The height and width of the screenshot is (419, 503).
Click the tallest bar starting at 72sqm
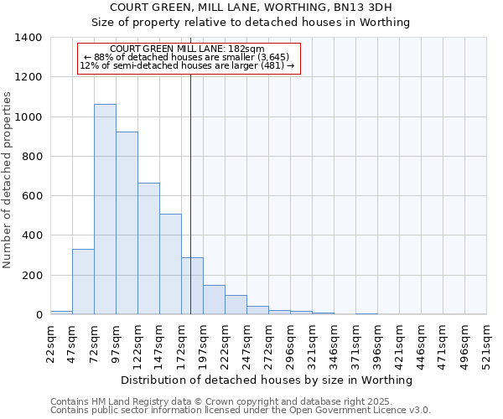105,209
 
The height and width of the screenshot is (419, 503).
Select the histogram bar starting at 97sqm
127,223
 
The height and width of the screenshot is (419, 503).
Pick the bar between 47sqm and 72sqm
83,282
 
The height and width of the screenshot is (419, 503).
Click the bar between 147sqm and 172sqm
170,264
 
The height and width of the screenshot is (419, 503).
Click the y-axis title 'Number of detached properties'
8,176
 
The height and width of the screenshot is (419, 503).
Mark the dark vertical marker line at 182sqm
191,168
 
